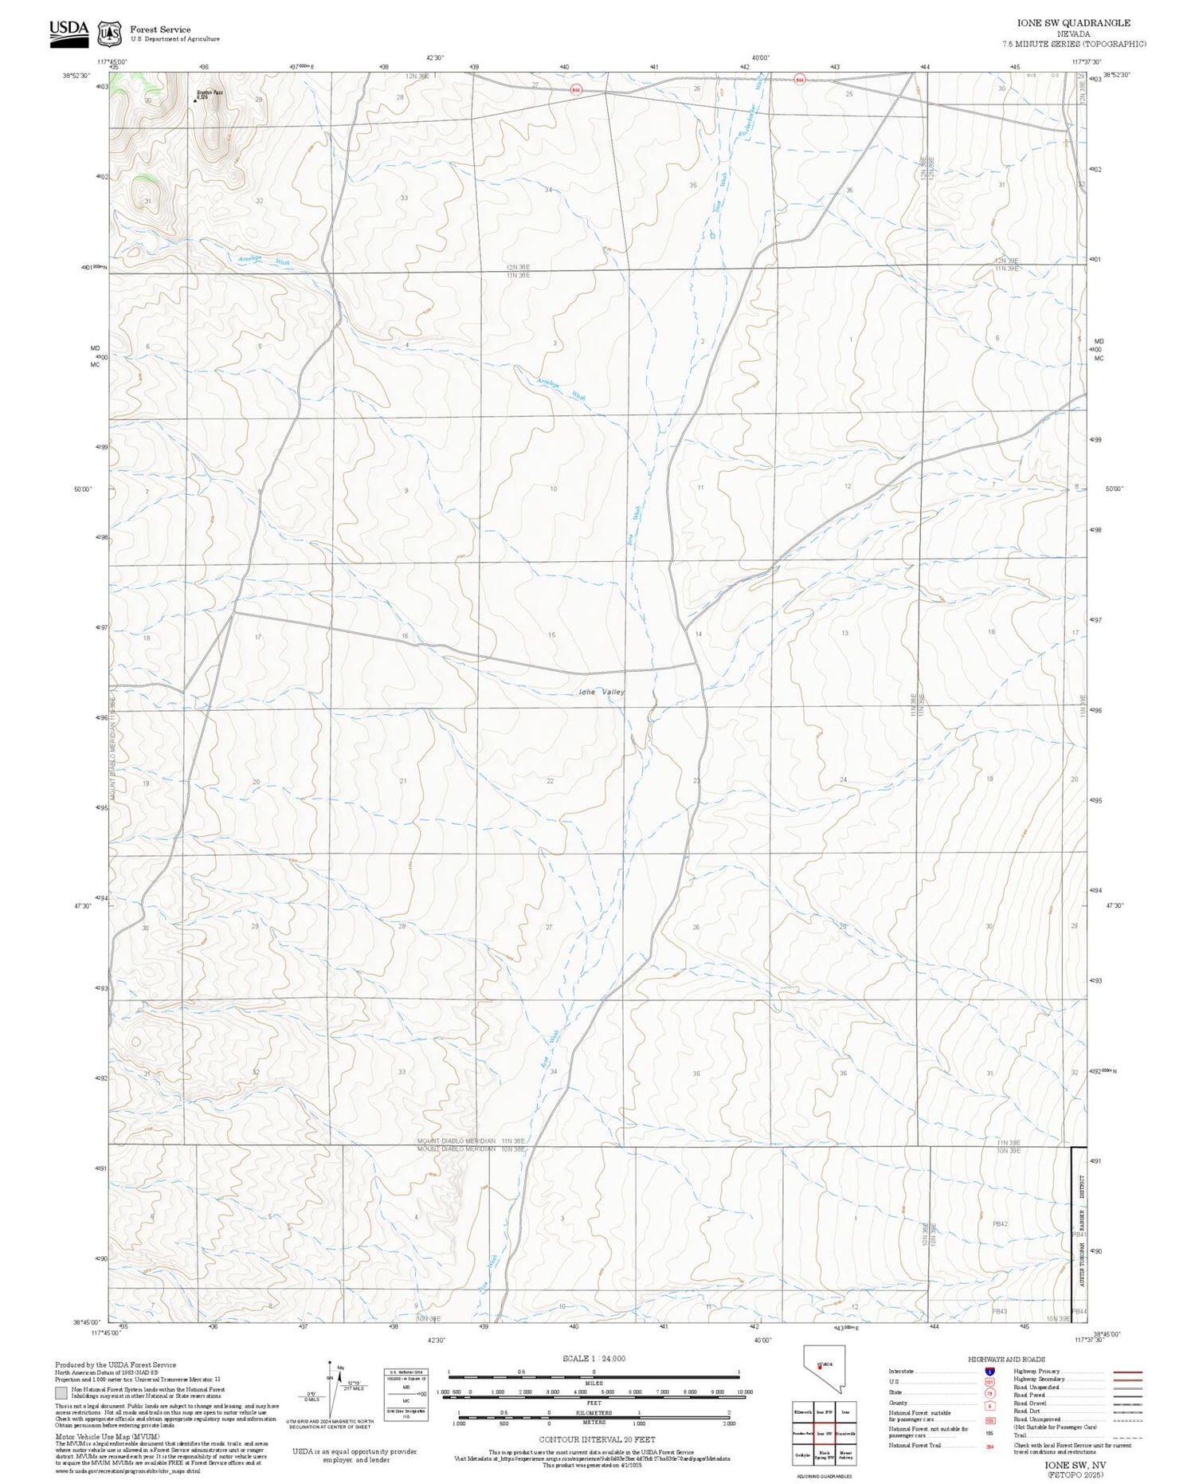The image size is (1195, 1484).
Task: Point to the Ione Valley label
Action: pyautogui.click(x=601, y=692)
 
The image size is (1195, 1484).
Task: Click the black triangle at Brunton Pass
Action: pyautogui.click(x=196, y=100)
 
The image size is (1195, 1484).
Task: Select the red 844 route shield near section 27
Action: pyautogui.click(x=575, y=89)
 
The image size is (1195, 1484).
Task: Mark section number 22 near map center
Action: pyautogui.click(x=550, y=781)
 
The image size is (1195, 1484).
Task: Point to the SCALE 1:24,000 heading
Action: pyautogui.click(x=594, y=1358)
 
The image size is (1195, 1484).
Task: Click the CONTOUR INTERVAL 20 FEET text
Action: pyautogui.click(x=597, y=1439)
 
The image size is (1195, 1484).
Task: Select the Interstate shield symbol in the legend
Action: pyautogui.click(x=989, y=1372)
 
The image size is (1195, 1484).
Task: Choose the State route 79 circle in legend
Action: pyautogui.click(x=989, y=1393)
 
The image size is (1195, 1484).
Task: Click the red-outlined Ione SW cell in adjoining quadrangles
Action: pyautogui.click(x=825, y=1433)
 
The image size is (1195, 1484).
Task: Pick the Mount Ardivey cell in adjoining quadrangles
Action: pyautogui.click(x=846, y=1456)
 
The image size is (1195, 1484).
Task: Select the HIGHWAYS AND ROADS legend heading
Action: pyautogui.click(x=1006, y=1359)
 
